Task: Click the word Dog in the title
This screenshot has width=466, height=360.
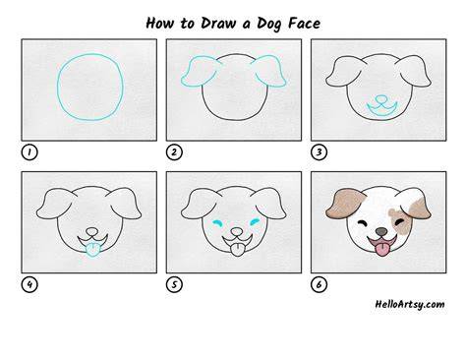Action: tap(269, 24)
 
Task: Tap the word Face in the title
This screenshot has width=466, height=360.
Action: tap(304, 24)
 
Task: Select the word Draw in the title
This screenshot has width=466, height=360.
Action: tap(218, 24)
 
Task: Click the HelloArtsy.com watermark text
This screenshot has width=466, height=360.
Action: tap(410, 304)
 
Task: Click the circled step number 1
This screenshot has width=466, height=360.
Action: tap(29, 152)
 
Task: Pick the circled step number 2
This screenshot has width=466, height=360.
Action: tap(174, 152)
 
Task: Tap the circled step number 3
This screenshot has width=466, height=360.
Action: tap(319, 152)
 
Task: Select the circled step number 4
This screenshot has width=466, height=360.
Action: tap(29, 284)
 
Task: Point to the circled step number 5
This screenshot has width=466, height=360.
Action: tap(174, 284)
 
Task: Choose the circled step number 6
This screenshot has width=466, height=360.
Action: tap(319, 284)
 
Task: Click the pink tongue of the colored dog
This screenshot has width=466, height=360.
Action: tap(381, 250)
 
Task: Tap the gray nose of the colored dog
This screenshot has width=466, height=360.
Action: tap(381, 231)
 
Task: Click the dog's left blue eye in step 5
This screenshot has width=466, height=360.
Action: tap(217, 223)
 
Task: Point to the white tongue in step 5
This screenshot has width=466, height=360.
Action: tap(237, 250)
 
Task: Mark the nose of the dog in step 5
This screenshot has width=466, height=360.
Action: tap(237, 232)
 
